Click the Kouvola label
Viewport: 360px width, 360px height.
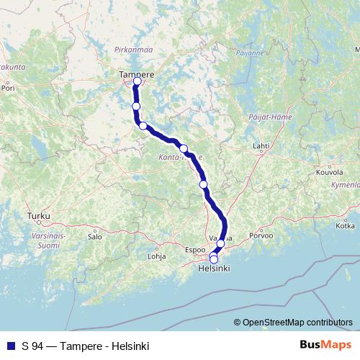pos(329,173)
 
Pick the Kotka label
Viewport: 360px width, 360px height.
pos(345,225)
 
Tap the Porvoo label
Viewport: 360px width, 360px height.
pos(261,235)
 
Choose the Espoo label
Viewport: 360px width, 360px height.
pos(195,250)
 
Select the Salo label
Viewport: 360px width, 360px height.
pos(94,235)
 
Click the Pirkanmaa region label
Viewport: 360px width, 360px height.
pos(130,50)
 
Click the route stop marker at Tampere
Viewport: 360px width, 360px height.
pos(137,81)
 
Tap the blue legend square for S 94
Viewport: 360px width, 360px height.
pos(10,346)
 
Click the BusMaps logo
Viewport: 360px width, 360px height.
pos(326,346)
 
